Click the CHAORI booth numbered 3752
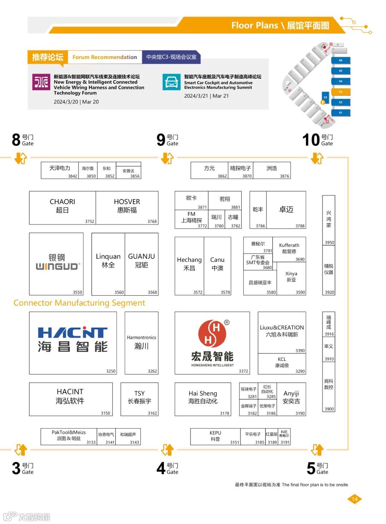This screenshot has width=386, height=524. tap(63, 207)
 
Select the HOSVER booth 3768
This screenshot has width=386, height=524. tap(127, 207)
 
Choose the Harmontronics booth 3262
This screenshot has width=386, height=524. tap(142, 343)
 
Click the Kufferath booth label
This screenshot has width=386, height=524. tap(289, 248)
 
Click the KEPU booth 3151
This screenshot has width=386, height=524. tap(215, 436)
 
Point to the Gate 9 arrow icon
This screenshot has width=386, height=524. tap(167, 158)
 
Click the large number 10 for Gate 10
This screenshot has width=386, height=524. tap(311, 140)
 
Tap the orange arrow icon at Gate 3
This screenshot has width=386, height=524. tap(21, 450)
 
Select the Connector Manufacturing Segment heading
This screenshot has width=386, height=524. tap(79, 303)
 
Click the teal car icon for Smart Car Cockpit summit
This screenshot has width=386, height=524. tap(172, 82)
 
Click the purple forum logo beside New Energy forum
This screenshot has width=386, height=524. tap(41, 82)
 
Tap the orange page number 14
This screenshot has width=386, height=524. tap(354, 499)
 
